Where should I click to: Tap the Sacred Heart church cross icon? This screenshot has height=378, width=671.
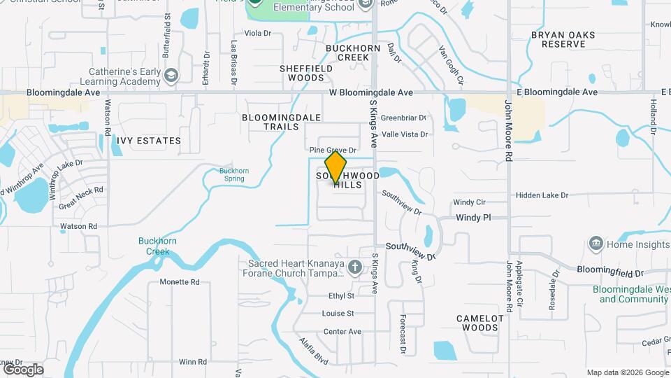point(355,267)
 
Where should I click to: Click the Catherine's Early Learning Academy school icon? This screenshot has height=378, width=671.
point(171,74)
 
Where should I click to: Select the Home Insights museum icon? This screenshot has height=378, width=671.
point(596,244)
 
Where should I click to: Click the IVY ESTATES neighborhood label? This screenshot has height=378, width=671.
point(149,141)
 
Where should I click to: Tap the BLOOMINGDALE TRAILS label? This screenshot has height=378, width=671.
point(281,122)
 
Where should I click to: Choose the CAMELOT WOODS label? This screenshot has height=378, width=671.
point(479,323)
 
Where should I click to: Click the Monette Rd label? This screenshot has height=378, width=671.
point(180,282)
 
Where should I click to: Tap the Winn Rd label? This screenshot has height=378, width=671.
point(193,362)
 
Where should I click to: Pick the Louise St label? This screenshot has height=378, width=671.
point(338,314)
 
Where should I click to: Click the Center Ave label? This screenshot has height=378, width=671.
point(342,331)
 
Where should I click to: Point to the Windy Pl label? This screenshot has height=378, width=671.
point(474,218)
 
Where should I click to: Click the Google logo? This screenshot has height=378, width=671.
point(22,369)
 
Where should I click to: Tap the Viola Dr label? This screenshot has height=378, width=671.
point(257,33)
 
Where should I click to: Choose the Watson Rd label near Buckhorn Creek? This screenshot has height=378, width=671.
point(78,226)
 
